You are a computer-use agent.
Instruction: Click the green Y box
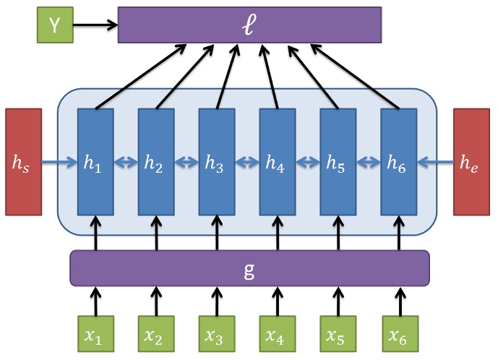pos(54,25)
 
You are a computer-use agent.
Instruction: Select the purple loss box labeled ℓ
pos(249,25)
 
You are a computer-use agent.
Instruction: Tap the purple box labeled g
pos(249,267)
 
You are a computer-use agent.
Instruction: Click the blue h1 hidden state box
pos(95,162)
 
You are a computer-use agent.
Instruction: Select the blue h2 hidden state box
pos(156,162)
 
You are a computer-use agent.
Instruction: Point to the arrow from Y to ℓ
pos(95,25)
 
